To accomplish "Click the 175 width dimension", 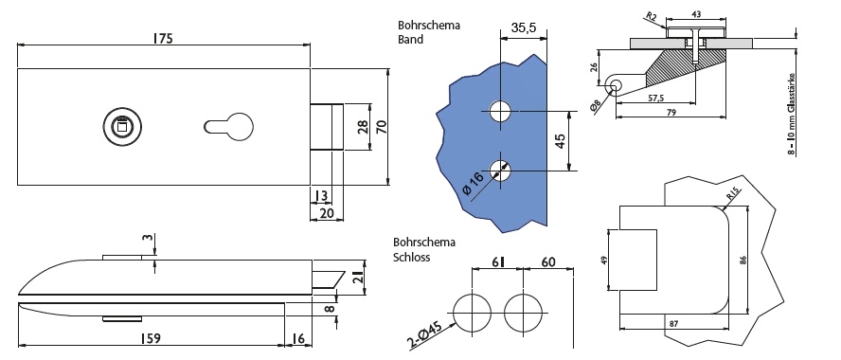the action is [x=163, y=38].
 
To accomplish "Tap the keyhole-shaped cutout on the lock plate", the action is [x=228, y=126].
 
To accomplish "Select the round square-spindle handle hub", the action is [x=118, y=127].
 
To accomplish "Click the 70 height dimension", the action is [x=382, y=126].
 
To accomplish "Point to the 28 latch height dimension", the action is [x=363, y=127].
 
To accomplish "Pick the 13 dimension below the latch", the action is [x=321, y=196].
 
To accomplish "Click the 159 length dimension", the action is [x=150, y=338].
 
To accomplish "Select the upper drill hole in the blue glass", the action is [x=500, y=112].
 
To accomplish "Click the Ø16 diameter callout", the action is [x=473, y=183].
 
